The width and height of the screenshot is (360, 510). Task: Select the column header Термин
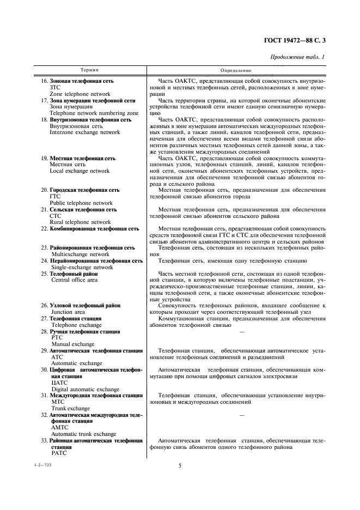(90, 70)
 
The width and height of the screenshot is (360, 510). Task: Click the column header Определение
(236, 70)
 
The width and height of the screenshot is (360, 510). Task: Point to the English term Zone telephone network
(76, 94)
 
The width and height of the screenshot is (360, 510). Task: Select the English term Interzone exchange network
(84, 132)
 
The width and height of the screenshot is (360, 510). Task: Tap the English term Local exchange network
(80, 171)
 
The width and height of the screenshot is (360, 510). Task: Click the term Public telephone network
(81, 203)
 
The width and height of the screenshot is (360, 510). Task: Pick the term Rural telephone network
(80, 222)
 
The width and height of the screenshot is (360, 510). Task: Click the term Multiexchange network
(80, 254)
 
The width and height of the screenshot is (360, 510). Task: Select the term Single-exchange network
(82, 268)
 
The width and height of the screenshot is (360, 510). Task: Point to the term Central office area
(75, 280)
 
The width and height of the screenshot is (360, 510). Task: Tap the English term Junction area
(68, 312)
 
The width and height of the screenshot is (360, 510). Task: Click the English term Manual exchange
(73, 344)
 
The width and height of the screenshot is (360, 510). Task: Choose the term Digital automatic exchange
(86, 389)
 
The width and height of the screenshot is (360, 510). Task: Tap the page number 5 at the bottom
(180, 465)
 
